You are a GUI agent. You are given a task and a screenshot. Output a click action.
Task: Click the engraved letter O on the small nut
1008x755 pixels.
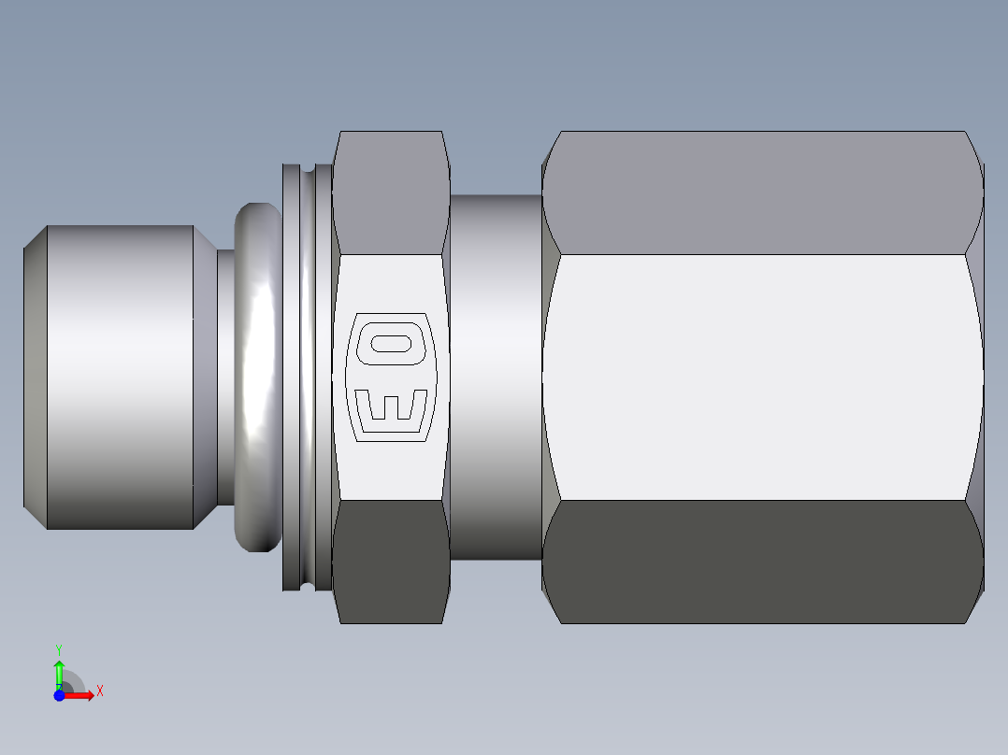click(391, 343)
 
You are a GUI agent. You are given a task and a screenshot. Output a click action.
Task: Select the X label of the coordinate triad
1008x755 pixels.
click(99, 691)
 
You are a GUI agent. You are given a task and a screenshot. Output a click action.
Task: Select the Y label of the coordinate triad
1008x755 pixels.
click(59, 648)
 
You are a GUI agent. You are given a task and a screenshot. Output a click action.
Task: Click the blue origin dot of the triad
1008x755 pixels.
click(59, 695)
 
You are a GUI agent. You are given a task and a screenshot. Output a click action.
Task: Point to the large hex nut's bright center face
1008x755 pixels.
click(762, 377)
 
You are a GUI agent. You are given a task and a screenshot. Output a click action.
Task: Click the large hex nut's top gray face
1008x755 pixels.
click(762, 192)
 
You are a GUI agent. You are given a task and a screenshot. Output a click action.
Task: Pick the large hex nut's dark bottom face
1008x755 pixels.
click(762, 561)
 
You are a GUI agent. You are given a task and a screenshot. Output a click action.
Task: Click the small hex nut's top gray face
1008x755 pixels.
click(391, 192)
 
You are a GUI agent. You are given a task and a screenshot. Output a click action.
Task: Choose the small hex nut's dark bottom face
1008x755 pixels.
click(391, 561)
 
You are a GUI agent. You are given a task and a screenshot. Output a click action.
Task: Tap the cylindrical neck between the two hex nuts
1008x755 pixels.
click(496, 377)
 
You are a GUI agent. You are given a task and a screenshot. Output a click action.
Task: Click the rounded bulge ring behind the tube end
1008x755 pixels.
click(257, 377)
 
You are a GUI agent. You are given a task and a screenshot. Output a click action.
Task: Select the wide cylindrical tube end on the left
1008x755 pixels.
click(120, 377)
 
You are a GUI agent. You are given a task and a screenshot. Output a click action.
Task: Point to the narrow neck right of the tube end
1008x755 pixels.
click(225, 377)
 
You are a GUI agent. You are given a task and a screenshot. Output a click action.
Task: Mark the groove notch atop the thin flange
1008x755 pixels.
click(307, 170)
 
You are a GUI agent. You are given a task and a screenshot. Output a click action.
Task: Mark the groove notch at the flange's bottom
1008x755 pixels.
click(307, 585)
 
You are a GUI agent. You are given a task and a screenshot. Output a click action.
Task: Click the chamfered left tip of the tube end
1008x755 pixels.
click(35, 377)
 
